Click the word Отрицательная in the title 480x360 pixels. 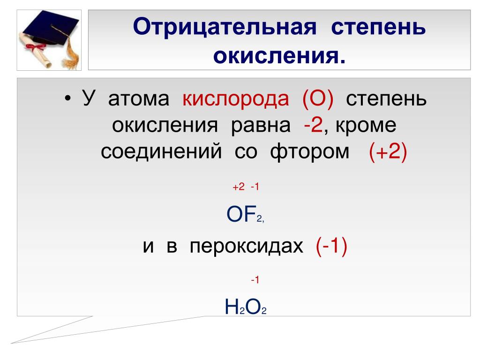coord(225,27)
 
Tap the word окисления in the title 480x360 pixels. coord(279,56)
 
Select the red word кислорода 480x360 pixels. coord(236,99)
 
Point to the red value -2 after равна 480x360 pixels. coord(314,125)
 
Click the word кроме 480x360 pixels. coord(366,125)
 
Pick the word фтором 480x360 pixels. coord(309,152)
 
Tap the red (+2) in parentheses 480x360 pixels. coord(388,151)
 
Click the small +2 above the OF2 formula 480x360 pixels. coord(239,187)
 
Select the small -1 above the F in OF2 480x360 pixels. coord(255,187)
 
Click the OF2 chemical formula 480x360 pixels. coord(245,214)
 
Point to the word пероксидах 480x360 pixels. coord(247,247)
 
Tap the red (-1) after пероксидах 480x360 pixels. coord(331,246)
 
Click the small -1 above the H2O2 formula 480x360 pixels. coord(255,279)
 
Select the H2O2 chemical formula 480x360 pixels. coord(246,307)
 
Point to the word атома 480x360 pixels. coord(139,99)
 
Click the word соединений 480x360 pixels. coord(161,152)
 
